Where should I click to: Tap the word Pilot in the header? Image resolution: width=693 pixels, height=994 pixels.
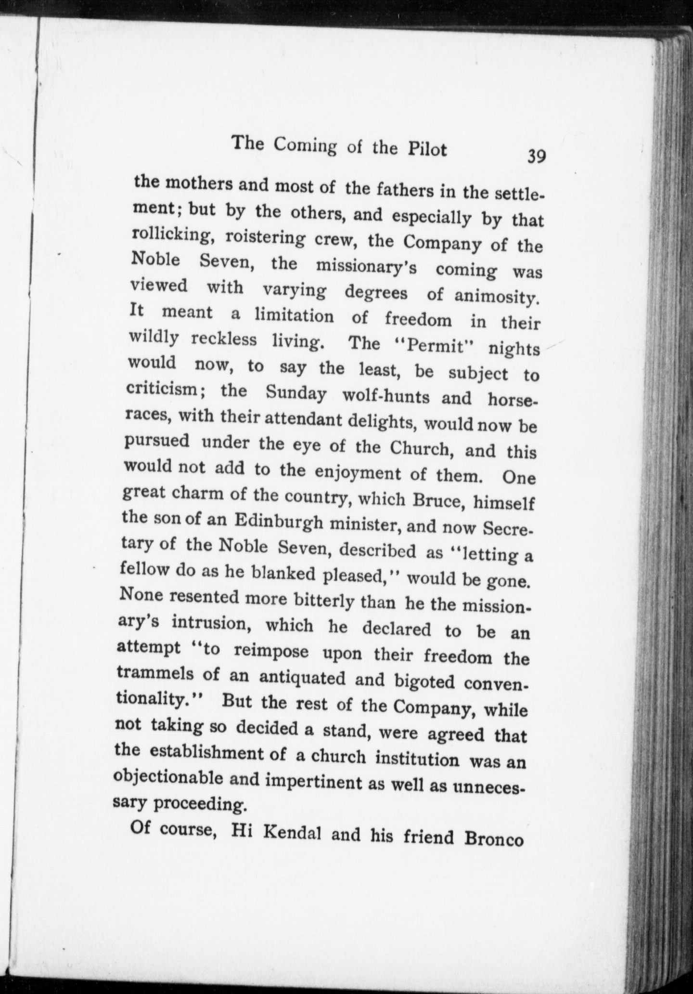click(427, 150)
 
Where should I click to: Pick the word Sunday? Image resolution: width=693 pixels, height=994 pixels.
click(295, 394)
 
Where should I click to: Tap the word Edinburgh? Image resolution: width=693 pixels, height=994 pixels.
click(278, 522)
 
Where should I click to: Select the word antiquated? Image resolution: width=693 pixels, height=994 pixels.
click(302, 678)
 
